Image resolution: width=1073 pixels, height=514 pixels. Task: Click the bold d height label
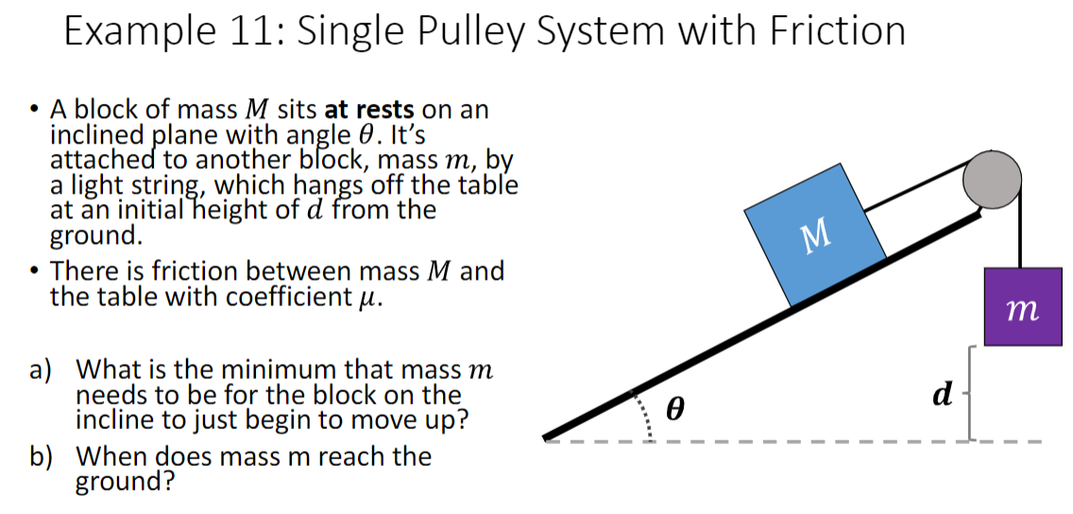(x=942, y=394)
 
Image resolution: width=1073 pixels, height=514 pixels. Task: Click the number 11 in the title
(x=252, y=31)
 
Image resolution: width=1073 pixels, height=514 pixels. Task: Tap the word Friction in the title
(x=837, y=31)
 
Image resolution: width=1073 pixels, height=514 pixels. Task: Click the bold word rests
(x=383, y=110)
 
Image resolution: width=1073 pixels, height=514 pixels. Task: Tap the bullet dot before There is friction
(x=34, y=272)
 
